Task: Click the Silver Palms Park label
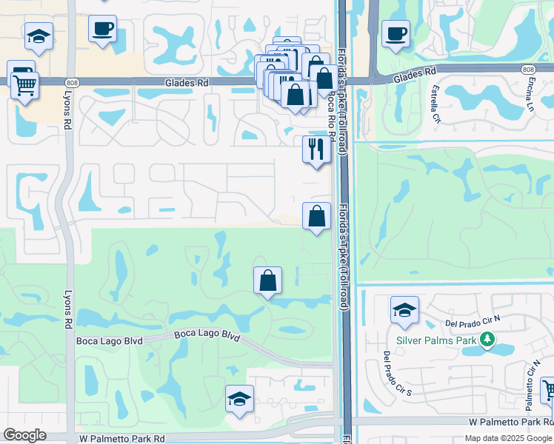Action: click(437, 340)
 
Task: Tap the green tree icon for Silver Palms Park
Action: click(487, 340)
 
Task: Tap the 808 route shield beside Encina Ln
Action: click(527, 70)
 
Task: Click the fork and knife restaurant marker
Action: click(316, 149)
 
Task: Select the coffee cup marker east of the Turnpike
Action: click(396, 33)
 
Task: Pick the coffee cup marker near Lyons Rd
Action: click(102, 29)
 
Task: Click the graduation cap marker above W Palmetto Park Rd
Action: click(240, 399)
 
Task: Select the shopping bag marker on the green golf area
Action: click(267, 280)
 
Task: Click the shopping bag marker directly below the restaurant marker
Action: click(316, 217)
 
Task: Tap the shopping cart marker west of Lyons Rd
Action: click(24, 83)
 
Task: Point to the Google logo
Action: click(24, 435)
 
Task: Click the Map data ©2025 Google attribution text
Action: click(507, 438)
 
